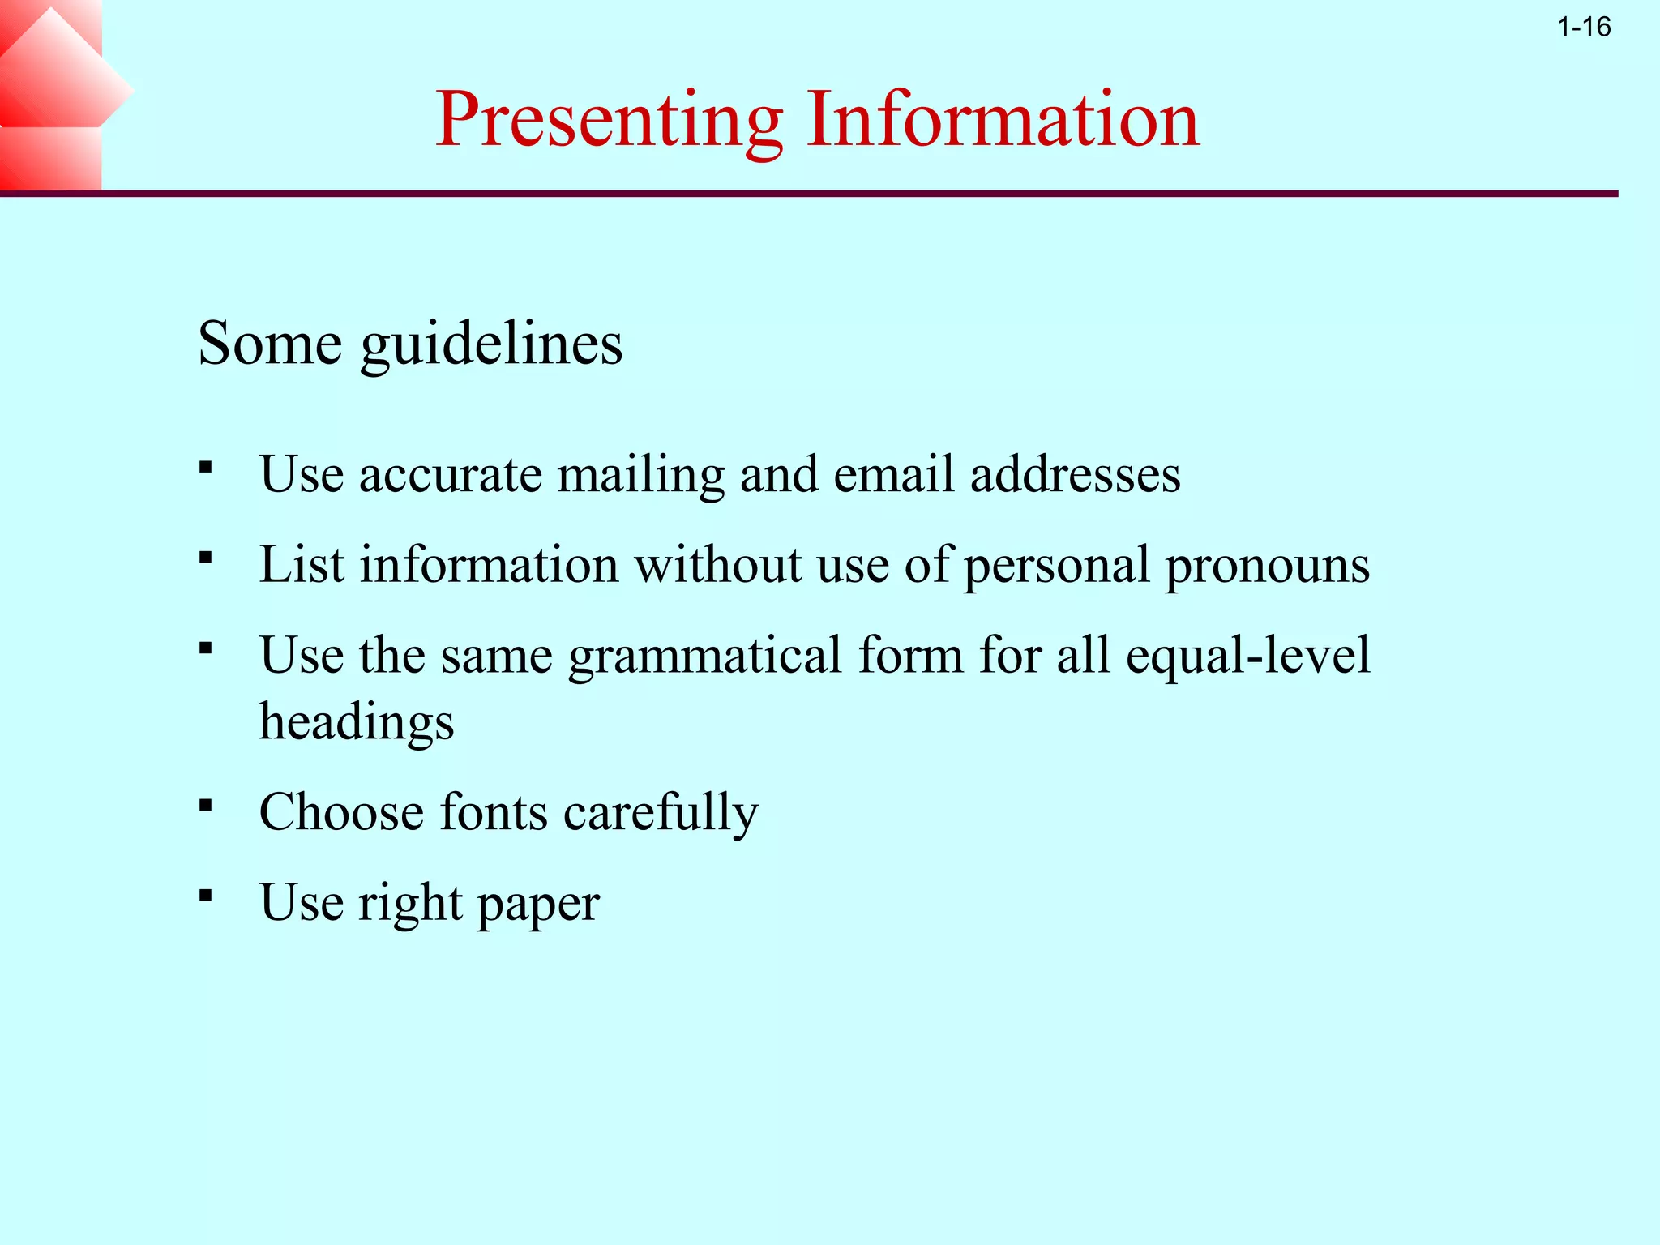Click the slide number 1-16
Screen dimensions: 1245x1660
tap(1584, 28)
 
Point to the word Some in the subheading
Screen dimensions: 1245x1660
tap(270, 344)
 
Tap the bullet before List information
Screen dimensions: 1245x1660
tap(205, 558)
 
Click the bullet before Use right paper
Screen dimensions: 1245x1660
tap(205, 896)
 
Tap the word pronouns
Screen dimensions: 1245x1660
tap(1267, 565)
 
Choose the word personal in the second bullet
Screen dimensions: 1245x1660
tap(1056, 565)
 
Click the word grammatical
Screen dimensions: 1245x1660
tap(704, 656)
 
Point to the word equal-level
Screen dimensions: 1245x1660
tap(1247, 654)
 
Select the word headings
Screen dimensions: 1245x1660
tap(357, 721)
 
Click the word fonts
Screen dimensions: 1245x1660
tap(493, 811)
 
